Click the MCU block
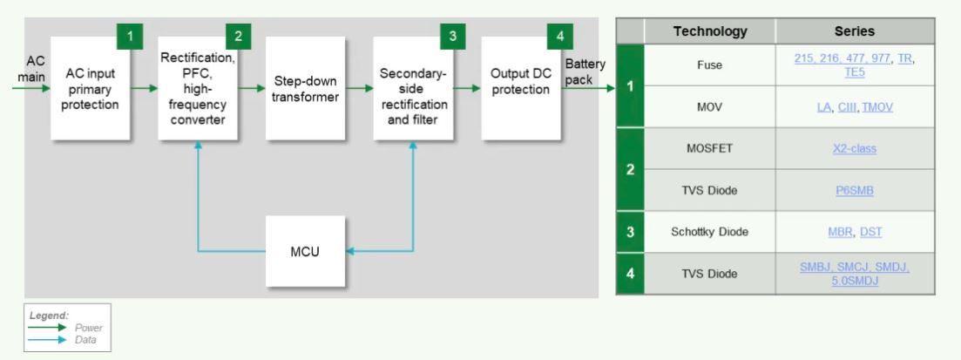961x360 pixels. coord(305,252)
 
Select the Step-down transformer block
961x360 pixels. coord(304,89)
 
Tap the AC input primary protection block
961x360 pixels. coord(91,89)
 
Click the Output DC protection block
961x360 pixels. coord(520,89)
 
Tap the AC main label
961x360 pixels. coord(36,69)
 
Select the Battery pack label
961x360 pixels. coord(585,72)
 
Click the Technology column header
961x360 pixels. coord(710,31)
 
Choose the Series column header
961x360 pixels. coord(854,31)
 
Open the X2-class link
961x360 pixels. coord(854,149)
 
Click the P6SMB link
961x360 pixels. coord(854,191)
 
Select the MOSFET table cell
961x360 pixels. coord(710,149)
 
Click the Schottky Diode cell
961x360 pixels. coord(710,232)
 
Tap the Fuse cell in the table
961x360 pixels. coord(710,65)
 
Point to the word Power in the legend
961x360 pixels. coord(90,328)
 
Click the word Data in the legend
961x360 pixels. coord(87,338)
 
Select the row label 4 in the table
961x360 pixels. coord(630,274)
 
